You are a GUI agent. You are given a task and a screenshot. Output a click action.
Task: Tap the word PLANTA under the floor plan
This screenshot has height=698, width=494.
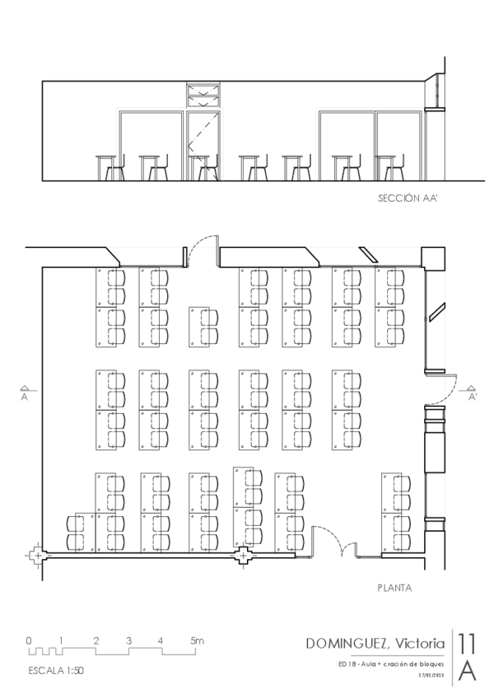pos(394,588)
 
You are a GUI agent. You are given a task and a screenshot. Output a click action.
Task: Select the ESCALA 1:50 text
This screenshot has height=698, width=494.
pos(55,669)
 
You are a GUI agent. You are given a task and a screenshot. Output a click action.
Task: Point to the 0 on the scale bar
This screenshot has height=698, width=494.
pos(28,640)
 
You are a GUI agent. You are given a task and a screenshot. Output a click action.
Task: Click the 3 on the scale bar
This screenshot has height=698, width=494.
pos(128,640)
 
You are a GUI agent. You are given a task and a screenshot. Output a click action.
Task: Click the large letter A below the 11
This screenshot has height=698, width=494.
pos(467,671)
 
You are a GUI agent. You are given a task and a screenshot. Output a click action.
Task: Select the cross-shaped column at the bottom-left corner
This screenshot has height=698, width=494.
pos(36,556)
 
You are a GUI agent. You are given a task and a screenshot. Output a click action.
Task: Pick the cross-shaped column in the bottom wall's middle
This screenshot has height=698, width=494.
pos(243,557)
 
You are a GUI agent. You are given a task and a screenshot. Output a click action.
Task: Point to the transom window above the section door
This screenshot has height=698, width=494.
pos(203,95)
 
